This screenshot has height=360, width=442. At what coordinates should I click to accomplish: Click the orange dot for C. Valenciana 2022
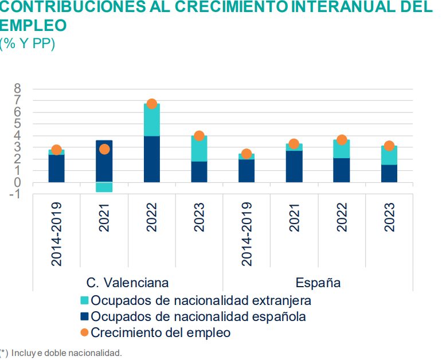(x=152, y=104)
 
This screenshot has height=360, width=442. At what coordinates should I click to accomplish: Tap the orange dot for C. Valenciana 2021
(x=104, y=149)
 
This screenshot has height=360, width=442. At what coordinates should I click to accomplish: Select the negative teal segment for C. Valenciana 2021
(x=104, y=187)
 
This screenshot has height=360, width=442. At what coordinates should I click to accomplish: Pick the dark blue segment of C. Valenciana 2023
(x=200, y=172)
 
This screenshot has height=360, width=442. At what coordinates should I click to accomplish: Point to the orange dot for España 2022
(x=342, y=140)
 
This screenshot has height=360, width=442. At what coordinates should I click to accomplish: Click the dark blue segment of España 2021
(x=294, y=166)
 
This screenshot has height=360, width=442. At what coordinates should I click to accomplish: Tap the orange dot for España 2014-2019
(x=247, y=154)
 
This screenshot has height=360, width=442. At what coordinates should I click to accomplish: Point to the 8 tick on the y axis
(x=17, y=89)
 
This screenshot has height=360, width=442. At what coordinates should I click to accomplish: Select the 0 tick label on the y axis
(x=17, y=182)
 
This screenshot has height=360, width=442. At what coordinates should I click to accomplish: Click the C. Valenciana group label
(x=128, y=283)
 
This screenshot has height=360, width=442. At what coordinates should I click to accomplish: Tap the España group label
(x=318, y=283)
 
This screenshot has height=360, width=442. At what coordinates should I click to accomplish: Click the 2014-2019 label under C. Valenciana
(x=57, y=233)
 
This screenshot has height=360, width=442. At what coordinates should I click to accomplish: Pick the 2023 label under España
(x=389, y=218)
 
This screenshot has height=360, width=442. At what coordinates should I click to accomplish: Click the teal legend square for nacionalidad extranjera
(x=84, y=300)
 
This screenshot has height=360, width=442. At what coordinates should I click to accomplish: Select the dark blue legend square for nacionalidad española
(x=84, y=316)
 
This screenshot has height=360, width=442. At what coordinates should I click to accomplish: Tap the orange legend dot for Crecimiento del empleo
(x=84, y=332)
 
